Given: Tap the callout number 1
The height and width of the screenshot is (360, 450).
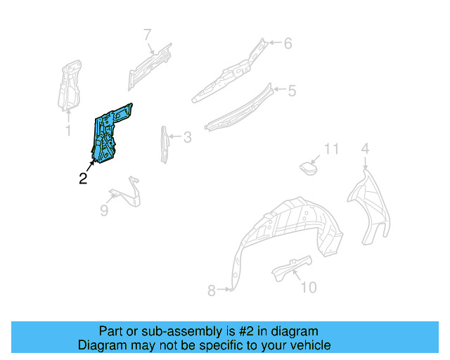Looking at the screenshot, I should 68,131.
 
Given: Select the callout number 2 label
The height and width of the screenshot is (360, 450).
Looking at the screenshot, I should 83,179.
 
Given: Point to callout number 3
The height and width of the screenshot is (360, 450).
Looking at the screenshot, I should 187,137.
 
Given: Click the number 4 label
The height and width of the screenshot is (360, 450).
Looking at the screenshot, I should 365,148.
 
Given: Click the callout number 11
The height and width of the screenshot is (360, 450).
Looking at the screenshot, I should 331,148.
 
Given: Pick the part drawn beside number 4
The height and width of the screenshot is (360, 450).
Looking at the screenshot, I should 371,204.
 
